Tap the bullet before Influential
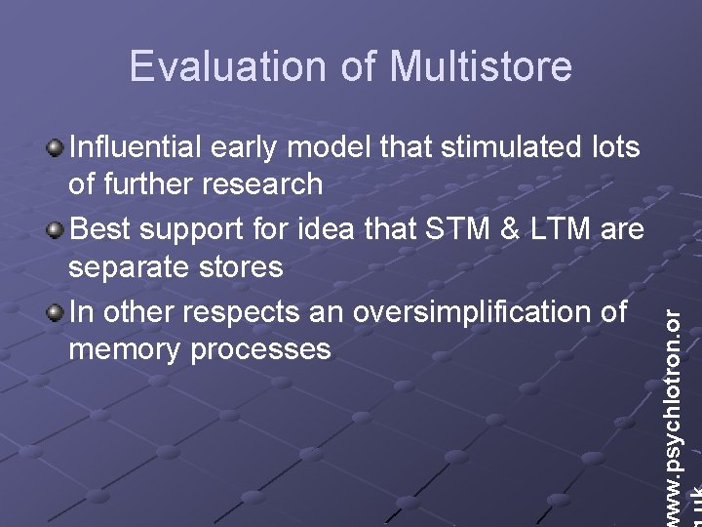(x=57, y=147)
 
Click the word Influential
(x=136, y=147)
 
